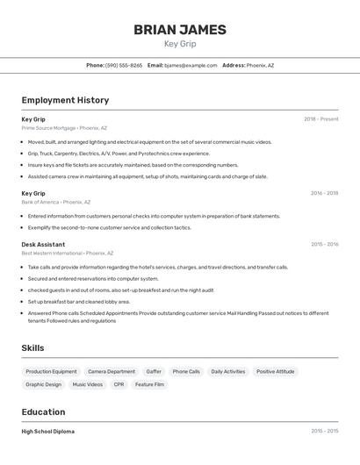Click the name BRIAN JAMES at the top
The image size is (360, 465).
[x=180, y=30]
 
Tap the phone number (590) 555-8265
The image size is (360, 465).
[x=124, y=65]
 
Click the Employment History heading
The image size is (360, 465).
[x=65, y=100]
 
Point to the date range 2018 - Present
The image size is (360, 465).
[x=320, y=119]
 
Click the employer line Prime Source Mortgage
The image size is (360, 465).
[x=64, y=128]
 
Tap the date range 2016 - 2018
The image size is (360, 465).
[x=324, y=193]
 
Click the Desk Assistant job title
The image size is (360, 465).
[x=43, y=244]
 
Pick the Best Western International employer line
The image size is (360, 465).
[x=67, y=254]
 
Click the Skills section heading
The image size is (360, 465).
[x=32, y=348]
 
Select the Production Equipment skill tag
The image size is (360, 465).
[x=51, y=372]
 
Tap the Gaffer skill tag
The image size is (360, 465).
[x=154, y=372]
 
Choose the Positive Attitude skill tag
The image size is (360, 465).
[x=276, y=372]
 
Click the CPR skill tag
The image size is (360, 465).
[x=119, y=384]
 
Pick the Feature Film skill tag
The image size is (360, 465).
[x=149, y=384]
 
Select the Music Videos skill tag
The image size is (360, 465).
[x=87, y=384]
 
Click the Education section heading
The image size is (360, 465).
[x=43, y=412]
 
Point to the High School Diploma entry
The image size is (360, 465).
[x=47, y=432]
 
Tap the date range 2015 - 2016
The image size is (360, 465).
[x=324, y=244]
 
